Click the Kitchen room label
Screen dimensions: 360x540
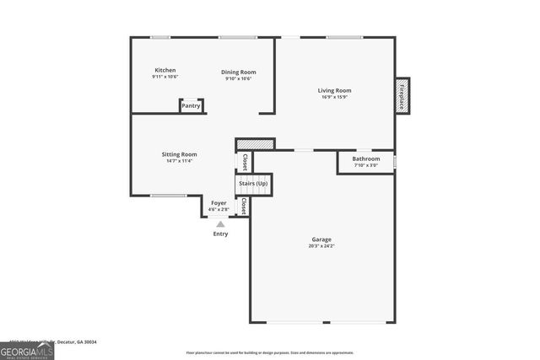click(x=165, y=70)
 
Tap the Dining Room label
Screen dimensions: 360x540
click(x=238, y=72)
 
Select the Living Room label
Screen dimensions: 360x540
click(x=334, y=90)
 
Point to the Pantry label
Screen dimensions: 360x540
click(x=191, y=106)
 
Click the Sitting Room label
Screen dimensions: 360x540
click(x=179, y=154)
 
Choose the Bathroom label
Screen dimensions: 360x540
click(x=365, y=159)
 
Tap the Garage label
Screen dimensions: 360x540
click(x=321, y=239)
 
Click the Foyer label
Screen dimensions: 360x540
click(x=219, y=203)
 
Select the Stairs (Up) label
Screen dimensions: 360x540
click(x=253, y=183)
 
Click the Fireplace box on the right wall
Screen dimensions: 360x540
click(x=402, y=95)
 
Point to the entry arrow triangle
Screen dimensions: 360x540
click(x=220, y=224)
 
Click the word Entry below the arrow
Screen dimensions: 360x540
click(x=220, y=234)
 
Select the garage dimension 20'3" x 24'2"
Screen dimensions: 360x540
click(x=321, y=246)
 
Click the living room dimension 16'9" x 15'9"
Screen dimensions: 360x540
click(x=334, y=97)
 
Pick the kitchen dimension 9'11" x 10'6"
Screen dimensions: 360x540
click(x=165, y=77)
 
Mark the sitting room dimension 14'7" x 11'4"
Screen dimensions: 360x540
click(x=179, y=161)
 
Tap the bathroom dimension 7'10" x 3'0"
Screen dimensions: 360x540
click(x=365, y=165)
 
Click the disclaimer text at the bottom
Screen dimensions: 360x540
click(x=270, y=353)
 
